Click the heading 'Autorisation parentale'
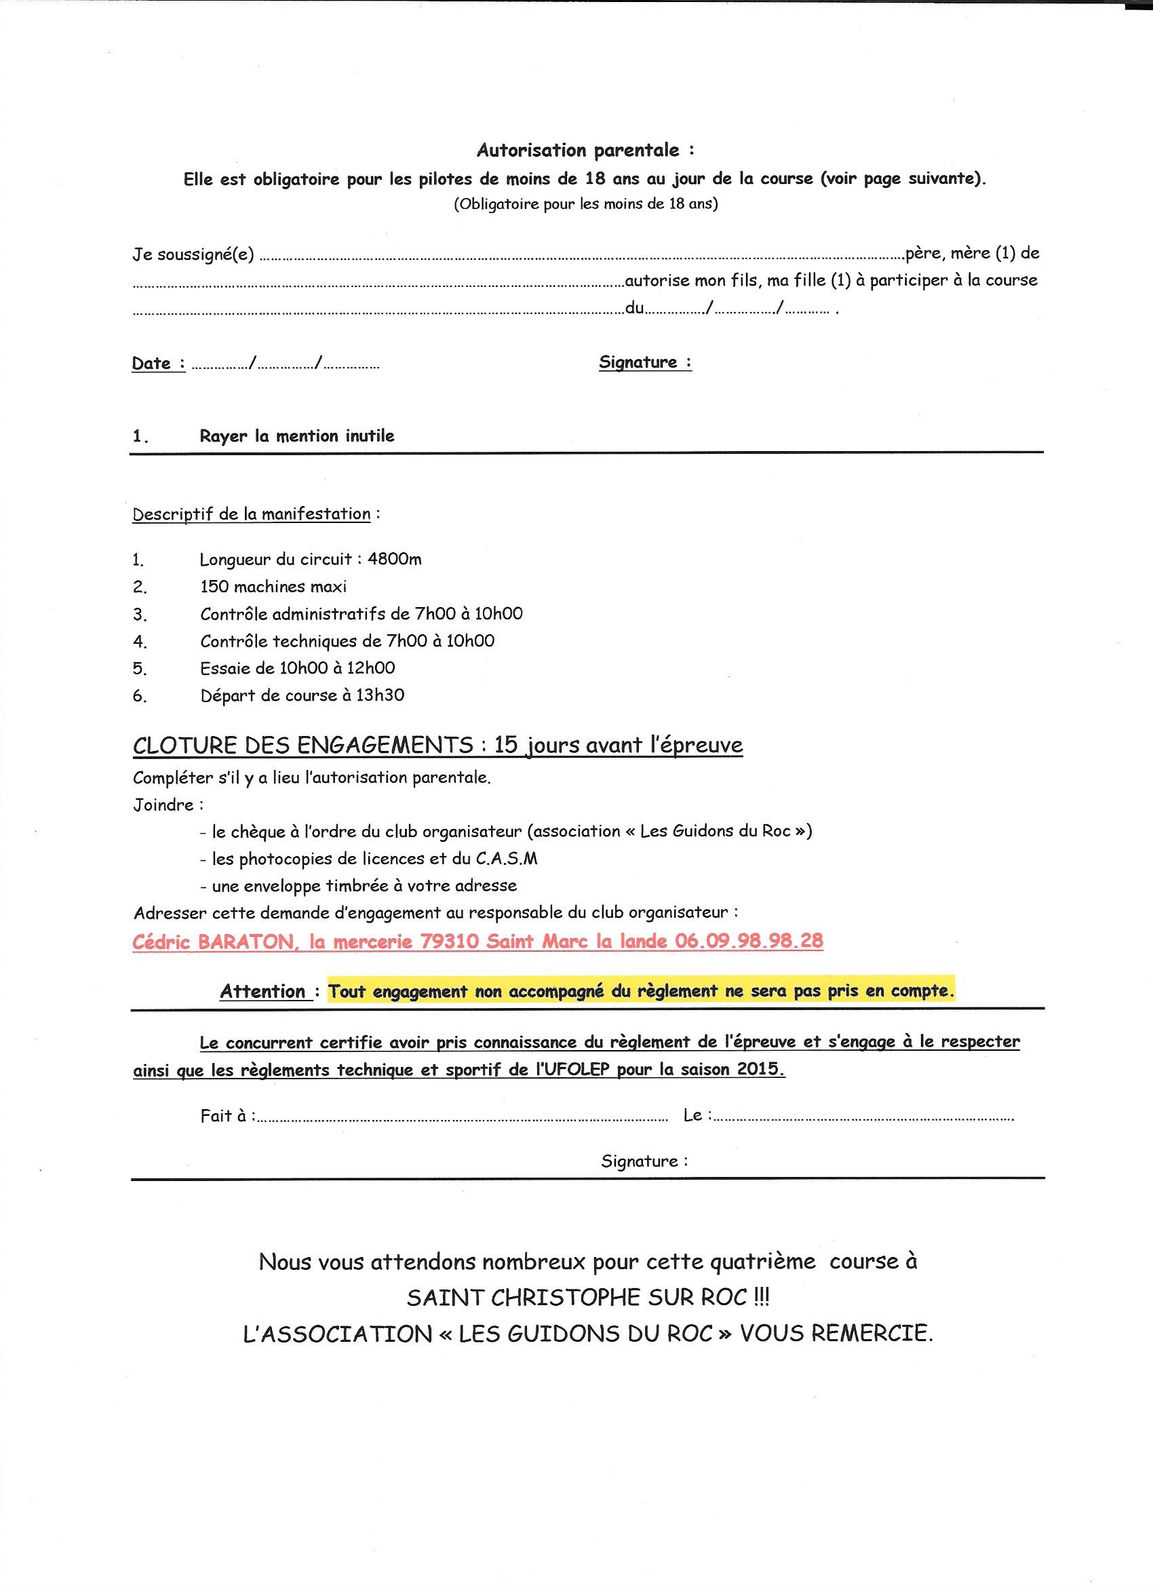click(578, 151)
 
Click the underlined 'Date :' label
click(158, 364)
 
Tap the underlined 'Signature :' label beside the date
click(645, 362)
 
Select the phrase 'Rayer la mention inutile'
click(296, 436)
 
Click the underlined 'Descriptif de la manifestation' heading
click(251, 514)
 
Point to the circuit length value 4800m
click(394, 560)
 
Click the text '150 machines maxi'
click(273, 587)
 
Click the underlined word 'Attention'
click(263, 992)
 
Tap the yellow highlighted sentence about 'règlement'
click(641, 992)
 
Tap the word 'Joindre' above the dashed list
click(163, 805)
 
